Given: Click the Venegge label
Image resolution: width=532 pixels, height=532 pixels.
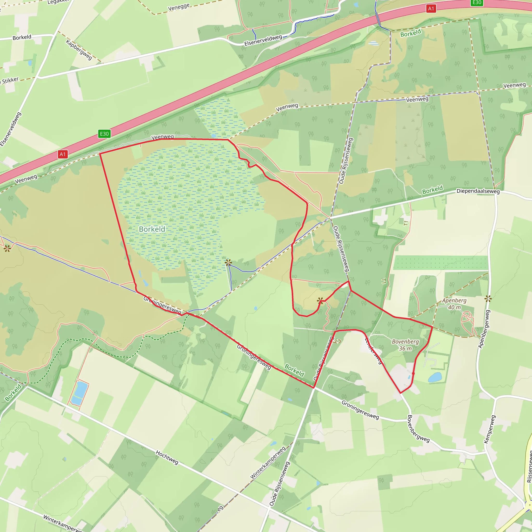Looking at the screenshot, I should coord(179,7).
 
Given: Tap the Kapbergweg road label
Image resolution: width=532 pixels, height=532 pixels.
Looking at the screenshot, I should coord(79,50).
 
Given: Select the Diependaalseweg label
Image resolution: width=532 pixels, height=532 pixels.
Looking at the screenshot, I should coord(478,191).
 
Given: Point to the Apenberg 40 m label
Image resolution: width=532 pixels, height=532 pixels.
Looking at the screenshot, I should coord(454,304).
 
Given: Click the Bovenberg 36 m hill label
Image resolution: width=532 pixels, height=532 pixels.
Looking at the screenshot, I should coord(405,345).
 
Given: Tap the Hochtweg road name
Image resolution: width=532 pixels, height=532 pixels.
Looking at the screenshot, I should coord(167,457).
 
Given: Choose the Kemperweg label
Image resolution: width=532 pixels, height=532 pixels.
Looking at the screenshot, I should coord(490,429).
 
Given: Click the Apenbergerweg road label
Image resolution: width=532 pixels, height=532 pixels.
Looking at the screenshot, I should coord(484,329).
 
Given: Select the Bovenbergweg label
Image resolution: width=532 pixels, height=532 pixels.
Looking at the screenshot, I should coord(418,429).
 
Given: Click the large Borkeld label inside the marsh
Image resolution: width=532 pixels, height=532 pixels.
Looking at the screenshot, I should coord(152,229).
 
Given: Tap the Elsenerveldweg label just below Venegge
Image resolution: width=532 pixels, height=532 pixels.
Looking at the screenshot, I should coord(263,40).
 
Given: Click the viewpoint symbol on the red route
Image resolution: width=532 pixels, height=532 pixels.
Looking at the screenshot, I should coord(320,301).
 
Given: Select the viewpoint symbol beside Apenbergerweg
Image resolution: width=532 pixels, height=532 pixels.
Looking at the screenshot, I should coord(488,298).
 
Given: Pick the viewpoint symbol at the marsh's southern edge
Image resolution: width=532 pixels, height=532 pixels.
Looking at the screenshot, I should coord(228,262).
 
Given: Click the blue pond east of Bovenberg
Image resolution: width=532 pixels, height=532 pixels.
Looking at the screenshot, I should coord(435,377).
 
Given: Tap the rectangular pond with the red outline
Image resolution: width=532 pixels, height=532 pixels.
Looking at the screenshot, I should coord(79,393).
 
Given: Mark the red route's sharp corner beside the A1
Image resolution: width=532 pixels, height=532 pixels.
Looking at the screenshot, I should coord(100,153).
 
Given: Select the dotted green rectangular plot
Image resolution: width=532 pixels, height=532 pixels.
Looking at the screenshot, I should coord(441,263).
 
